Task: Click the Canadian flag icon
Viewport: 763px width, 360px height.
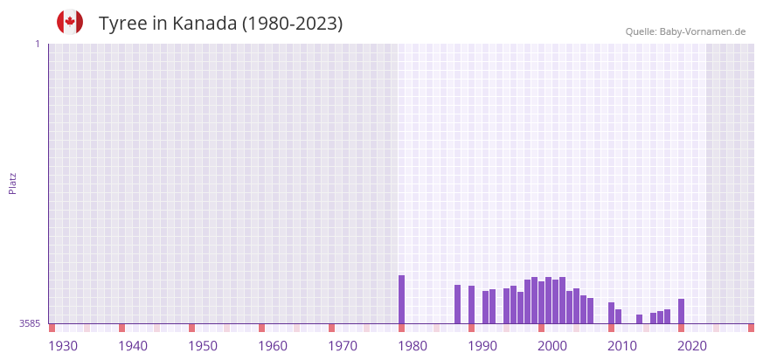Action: [x=70, y=22]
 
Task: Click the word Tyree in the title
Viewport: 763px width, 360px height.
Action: [x=123, y=24]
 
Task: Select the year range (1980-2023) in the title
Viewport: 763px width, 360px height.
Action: [x=293, y=24]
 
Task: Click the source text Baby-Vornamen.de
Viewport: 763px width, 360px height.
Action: [x=703, y=31]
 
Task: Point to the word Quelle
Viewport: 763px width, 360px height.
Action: [x=641, y=31]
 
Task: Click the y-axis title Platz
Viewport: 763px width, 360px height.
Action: [x=13, y=183]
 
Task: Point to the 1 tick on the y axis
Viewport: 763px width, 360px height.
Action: [x=37, y=44]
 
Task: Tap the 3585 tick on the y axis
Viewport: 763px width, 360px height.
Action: [x=30, y=323]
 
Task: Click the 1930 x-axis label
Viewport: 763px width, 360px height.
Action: [x=63, y=346]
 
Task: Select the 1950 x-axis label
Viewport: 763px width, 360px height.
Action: [x=203, y=346]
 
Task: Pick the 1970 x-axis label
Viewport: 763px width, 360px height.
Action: [x=343, y=346]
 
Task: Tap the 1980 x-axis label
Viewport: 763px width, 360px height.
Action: [x=413, y=346]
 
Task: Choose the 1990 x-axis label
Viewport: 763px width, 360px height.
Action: [x=482, y=346]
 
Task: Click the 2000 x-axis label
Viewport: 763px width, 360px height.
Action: [x=552, y=346]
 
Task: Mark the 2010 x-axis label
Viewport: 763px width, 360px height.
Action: [x=622, y=346]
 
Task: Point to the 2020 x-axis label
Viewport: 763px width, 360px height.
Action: [x=692, y=346]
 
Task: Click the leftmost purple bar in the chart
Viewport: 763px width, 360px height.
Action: [x=402, y=300]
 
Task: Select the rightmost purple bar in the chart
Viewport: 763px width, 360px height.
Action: [x=682, y=311]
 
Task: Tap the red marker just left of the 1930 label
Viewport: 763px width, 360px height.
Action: [x=52, y=328]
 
